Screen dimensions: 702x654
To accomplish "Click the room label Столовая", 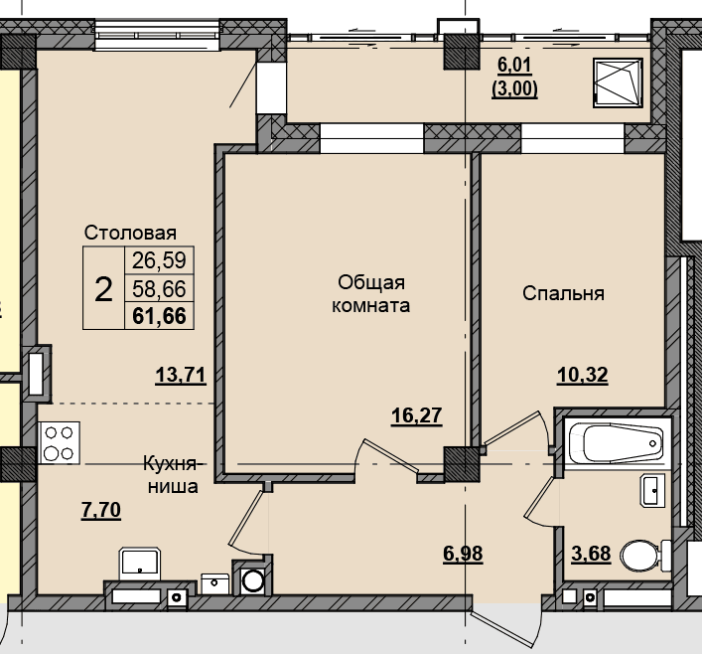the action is pyautogui.click(x=130, y=233).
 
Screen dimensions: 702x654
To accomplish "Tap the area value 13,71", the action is pyautogui.click(x=181, y=375).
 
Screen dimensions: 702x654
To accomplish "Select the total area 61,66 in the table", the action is pyautogui.click(x=160, y=316).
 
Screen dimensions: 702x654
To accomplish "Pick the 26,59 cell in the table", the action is pyautogui.click(x=159, y=260).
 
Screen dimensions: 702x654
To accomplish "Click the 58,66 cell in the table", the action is pyautogui.click(x=159, y=288).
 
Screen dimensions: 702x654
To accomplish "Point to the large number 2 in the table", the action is pyautogui.click(x=103, y=289).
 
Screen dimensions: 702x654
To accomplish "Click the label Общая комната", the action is pyautogui.click(x=370, y=293).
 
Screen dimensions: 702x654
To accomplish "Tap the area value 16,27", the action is pyautogui.click(x=417, y=415).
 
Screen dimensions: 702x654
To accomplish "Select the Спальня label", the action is pyautogui.click(x=563, y=293).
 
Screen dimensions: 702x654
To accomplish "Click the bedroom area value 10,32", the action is pyautogui.click(x=583, y=375).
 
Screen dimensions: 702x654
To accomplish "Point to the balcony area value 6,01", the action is pyautogui.click(x=515, y=65).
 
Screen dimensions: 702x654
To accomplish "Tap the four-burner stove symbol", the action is pyautogui.click(x=60, y=442).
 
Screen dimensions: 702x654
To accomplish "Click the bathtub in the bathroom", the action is pyautogui.click(x=618, y=443).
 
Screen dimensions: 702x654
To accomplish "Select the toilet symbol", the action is pyautogui.click(x=645, y=556).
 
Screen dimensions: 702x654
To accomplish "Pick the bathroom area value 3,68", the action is pyautogui.click(x=591, y=554).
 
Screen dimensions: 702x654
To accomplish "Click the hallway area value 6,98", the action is pyautogui.click(x=463, y=554).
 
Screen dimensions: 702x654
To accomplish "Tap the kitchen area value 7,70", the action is pyautogui.click(x=101, y=510).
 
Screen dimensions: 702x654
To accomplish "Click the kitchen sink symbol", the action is pyautogui.click(x=140, y=563).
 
